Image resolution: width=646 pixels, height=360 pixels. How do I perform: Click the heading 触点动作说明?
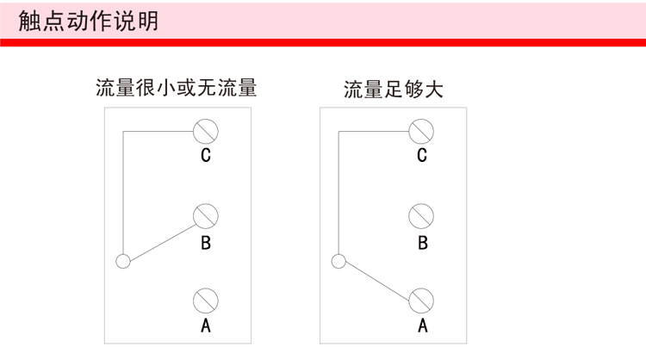coord(88,21)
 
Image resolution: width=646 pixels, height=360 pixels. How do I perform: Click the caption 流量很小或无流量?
coord(177,89)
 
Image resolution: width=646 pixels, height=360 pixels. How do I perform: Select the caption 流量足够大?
coord(393,90)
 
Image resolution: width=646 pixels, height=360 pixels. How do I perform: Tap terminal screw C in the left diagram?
coord(206,131)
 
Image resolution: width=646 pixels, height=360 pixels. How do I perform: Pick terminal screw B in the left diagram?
coord(206,215)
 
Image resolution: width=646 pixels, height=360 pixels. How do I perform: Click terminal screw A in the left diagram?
coord(206,299)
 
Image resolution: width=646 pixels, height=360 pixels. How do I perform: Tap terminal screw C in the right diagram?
coord(421,131)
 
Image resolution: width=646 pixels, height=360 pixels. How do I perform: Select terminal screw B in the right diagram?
coord(421,215)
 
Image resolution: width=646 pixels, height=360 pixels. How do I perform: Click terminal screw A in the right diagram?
coord(421,299)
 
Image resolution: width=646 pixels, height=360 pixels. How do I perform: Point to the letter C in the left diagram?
coord(206,157)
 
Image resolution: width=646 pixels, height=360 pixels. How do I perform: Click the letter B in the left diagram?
coord(206,242)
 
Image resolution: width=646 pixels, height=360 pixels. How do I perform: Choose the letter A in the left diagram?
coord(206,326)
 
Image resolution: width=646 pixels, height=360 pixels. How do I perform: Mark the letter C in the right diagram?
coord(421,157)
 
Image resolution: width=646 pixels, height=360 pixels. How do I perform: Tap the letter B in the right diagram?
coord(422,242)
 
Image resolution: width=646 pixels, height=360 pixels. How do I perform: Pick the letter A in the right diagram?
coord(422,326)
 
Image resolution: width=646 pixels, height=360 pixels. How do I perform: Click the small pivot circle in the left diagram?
coord(123,260)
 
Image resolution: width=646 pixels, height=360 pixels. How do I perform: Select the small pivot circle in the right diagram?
coord(339,260)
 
